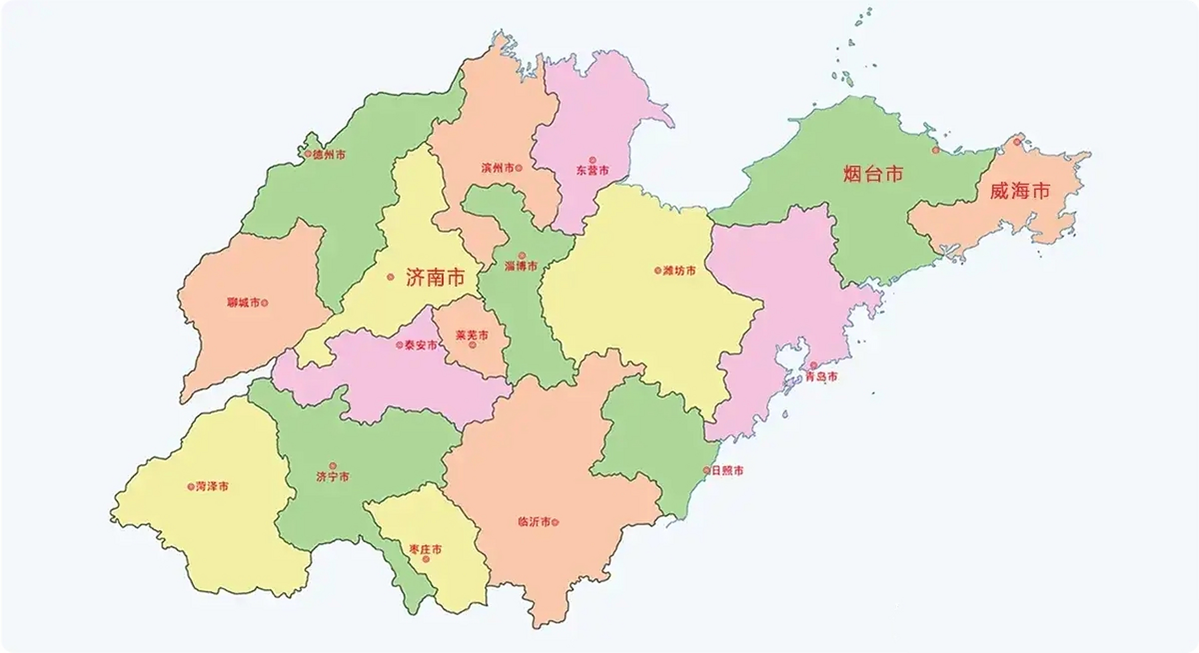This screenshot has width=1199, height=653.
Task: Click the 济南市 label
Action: [x=435, y=278]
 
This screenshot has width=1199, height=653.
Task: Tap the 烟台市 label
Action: [x=873, y=174]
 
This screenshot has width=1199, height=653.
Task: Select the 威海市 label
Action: [x=1020, y=191]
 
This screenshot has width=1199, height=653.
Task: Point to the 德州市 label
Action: [x=329, y=155]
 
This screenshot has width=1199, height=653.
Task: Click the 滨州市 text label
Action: [x=498, y=168]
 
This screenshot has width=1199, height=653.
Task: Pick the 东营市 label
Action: [x=593, y=171]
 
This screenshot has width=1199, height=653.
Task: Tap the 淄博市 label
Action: [x=521, y=266]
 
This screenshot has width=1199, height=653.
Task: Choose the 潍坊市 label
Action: [x=679, y=271]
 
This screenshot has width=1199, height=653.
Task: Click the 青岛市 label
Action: [x=821, y=377]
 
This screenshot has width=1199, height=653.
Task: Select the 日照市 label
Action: [x=727, y=471]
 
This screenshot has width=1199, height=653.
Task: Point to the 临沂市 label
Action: [x=534, y=522]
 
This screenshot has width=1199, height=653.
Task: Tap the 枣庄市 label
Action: [x=426, y=549]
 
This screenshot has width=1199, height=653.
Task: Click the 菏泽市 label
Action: [x=212, y=487]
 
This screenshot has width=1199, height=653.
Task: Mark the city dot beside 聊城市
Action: [x=264, y=303]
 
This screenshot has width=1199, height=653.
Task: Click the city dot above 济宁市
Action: [x=333, y=466]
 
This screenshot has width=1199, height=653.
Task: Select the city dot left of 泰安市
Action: [x=399, y=345]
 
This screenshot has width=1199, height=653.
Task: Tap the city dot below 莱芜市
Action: [x=473, y=345]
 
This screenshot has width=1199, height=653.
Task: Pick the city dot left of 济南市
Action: [x=390, y=277]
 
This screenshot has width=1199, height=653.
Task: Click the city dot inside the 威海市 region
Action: [x=1017, y=142]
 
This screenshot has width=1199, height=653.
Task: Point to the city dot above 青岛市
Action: [x=814, y=365]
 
